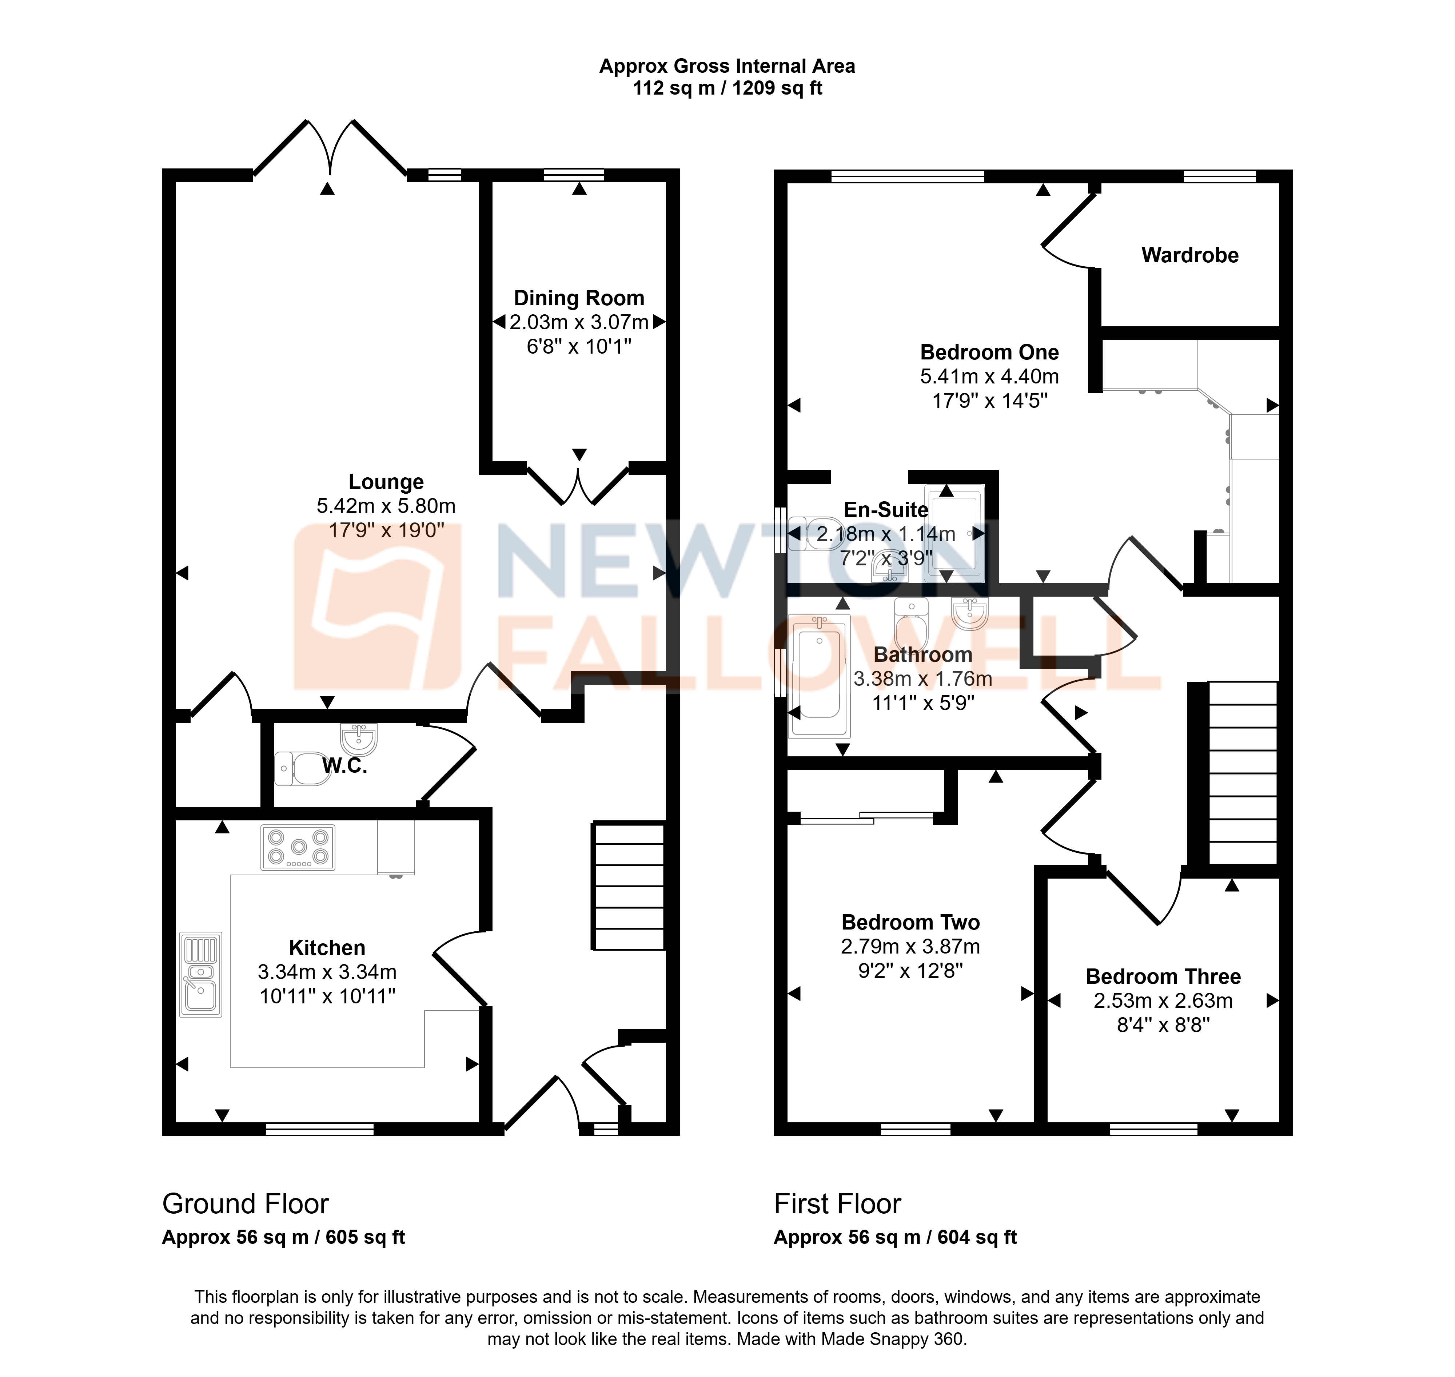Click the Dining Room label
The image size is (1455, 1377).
pos(579,298)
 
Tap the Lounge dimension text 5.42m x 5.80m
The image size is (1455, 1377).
pos(386,506)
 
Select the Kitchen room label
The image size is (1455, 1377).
pos(327,948)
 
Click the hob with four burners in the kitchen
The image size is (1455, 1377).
pos(298,848)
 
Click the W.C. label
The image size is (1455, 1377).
pos(344,765)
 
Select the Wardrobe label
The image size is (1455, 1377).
pos(1190,255)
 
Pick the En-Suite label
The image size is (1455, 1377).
pos(886,509)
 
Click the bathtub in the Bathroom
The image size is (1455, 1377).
pos(819,675)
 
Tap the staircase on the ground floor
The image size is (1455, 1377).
pos(629,887)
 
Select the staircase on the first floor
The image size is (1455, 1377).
pos(1243,773)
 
